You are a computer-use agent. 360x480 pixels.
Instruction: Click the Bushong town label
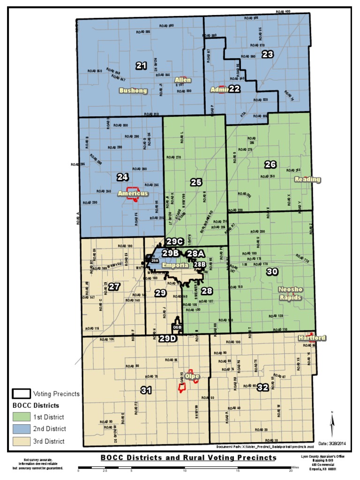click(133, 90)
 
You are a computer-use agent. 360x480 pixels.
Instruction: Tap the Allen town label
click(183, 80)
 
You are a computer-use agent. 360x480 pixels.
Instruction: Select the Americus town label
click(133, 193)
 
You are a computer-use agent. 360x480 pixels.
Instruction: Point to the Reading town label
click(307, 179)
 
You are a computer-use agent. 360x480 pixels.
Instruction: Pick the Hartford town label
click(312, 338)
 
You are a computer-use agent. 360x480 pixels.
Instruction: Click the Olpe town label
click(193, 376)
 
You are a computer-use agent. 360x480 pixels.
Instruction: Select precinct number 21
click(141, 66)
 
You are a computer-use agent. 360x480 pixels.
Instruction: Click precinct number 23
click(267, 54)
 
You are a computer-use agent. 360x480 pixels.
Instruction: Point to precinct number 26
click(270, 164)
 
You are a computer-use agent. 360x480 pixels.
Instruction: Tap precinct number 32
click(262, 387)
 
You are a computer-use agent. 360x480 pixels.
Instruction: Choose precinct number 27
click(114, 286)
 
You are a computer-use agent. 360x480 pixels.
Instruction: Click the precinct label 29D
click(167, 338)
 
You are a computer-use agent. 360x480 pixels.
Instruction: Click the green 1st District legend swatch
click(21, 417)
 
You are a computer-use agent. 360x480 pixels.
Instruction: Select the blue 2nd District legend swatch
click(21, 428)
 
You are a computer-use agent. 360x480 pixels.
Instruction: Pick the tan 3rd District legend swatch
click(21, 441)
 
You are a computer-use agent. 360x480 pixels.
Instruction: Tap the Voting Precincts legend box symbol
click(21, 394)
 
